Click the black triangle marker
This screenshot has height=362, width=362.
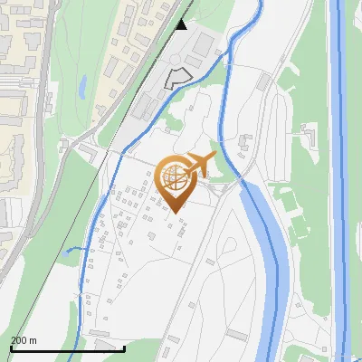(182, 24)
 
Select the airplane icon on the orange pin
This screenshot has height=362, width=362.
(199, 165)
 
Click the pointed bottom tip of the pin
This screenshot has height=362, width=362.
(174, 211)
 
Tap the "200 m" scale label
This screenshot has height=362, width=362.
(24, 340)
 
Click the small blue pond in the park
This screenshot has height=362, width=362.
(82, 87)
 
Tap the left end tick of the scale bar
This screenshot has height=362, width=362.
(11, 348)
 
